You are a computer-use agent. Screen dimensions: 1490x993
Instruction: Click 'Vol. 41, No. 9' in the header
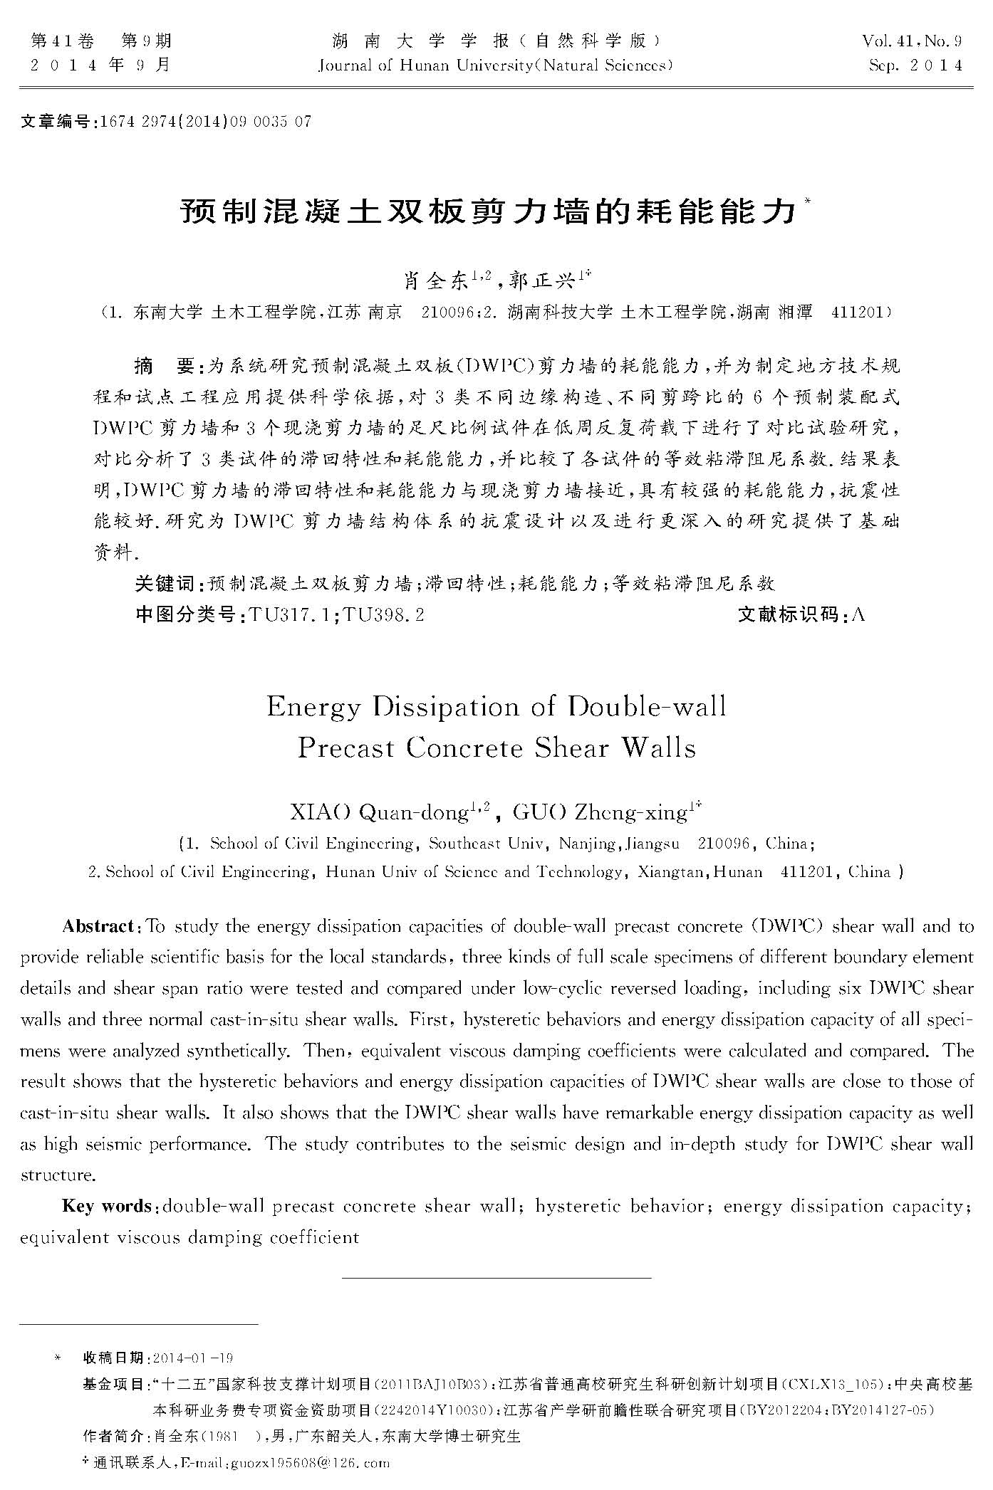click(x=913, y=41)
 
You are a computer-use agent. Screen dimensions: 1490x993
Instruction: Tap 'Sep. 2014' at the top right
click(x=915, y=66)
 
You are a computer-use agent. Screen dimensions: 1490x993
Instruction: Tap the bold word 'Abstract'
click(x=98, y=926)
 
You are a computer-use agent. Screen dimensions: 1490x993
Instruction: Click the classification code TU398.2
click(x=384, y=614)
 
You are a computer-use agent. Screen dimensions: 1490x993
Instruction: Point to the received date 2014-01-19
click(x=193, y=1358)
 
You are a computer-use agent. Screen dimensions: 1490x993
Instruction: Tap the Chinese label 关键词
click(x=164, y=584)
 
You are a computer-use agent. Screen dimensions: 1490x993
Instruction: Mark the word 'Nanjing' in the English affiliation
click(x=588, y=844)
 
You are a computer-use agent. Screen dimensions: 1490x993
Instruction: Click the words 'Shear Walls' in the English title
click(x=615, y=748)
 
